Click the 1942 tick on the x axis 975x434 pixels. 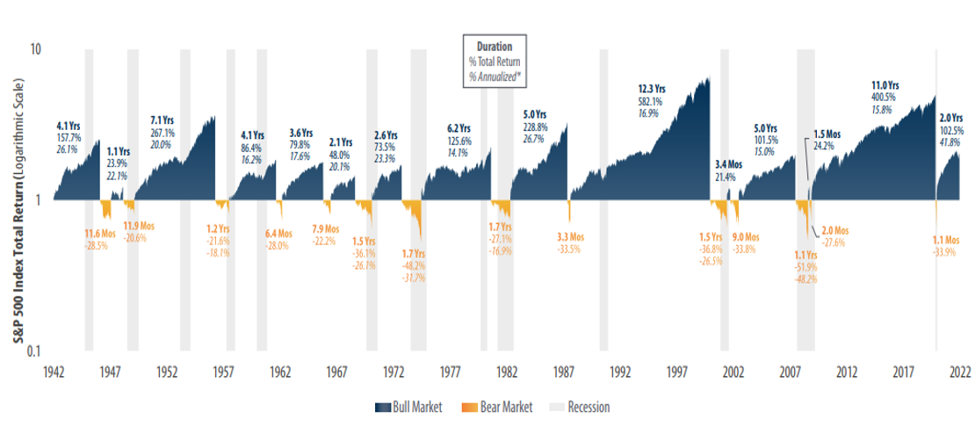54,372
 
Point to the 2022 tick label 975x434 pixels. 959,372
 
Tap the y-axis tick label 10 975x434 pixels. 36,49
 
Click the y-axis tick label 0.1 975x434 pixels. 34,351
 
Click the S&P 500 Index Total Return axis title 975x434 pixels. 16,199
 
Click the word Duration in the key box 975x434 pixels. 495,46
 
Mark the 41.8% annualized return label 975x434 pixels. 952,142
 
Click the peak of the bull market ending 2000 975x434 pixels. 708,79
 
